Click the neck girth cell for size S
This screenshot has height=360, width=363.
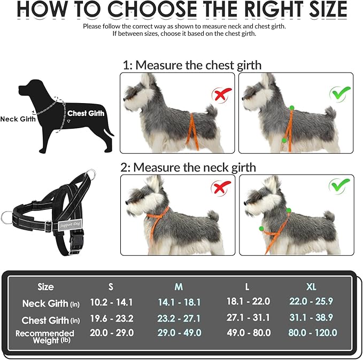pos(112,302)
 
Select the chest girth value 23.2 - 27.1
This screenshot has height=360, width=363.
pos(179,318)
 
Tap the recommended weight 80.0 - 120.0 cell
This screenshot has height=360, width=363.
pos(313,333)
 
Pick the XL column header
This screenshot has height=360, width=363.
pos(311,287)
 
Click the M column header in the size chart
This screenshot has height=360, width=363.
pos(179,287)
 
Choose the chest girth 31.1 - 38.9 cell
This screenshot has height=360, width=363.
pos(311,317)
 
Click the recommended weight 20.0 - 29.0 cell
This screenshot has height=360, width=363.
pos(112,333)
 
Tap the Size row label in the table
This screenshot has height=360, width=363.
pos(46,287)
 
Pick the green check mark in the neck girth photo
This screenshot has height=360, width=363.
pos(338,187)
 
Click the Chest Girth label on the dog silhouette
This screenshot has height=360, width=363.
pos(86,113)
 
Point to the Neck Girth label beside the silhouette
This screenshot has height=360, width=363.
pos(18,119)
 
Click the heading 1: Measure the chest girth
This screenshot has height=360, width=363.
pos(192,65)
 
